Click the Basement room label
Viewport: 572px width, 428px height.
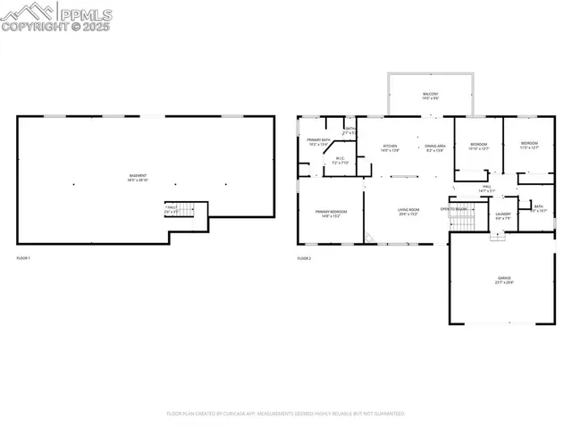pyautogui.click(x=139, y=176)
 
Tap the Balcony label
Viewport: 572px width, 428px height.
pyautogui.click(x=430, y=96)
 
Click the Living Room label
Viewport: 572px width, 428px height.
pyautogui.click(x=409, y=213)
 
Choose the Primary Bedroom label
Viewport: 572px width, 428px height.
pyautogui.click(x=330, y=213)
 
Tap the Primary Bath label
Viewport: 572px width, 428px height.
pyautogui.click(x=319, y=141)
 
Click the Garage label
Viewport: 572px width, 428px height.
pyautogui.click(x=505, y=280)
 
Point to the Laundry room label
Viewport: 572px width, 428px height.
pyautogui.click(x=502, y=214)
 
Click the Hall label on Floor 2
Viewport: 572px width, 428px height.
pyautogui.click(x=487, y=188)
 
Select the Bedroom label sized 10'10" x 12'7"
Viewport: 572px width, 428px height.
pyautogui.click(x=479, y=146)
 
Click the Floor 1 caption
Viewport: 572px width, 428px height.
pyautogui.click(x=23, y=258)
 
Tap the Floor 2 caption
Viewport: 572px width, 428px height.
pyautogui.click(x=304, y=258)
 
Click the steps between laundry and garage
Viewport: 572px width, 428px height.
pyautogui.click(x=498, y=238)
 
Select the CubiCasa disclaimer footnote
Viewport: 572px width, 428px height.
pyautogui.click(x=286, y=414)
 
